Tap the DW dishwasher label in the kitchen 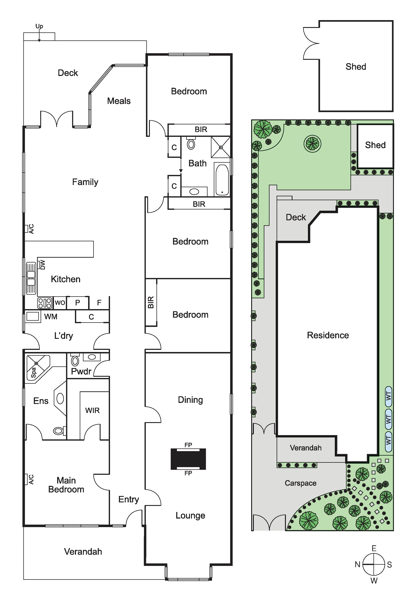(x=43, y=265)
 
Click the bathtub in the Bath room (x=222, y=180)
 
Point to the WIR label (x=92, y=410)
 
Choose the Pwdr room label (x=81, y=371)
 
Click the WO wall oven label (x=60, y=303)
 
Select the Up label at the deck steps (x=39, y=26)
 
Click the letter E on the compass (x=374, y=548)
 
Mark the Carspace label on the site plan (x=301, y=483)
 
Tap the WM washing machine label (x=51, y=317)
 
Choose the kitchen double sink (x=31, y=278)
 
